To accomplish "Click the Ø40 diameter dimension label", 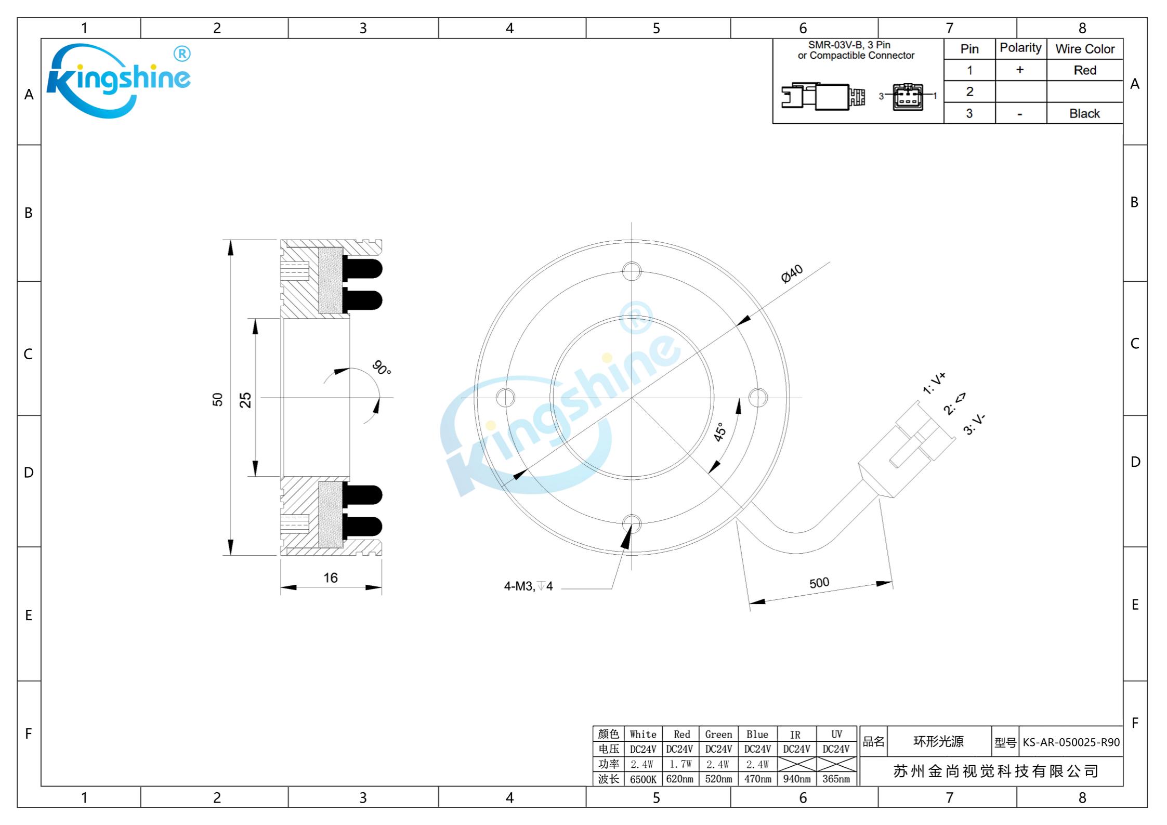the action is pyautogui.click(x=792, y=273).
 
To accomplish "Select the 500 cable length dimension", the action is pyautogui.click(x=819, y=583).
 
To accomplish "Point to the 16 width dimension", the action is pyautogui.click(x=331, y=578).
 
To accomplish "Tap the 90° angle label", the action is pyautogui.click(x=382, y=368).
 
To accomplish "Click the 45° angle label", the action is pyautogui.click(x=720, y=432).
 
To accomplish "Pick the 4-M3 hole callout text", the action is pyautogui.click(x=528, y=586).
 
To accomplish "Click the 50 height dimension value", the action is pyautogui.click(x=218, y=399).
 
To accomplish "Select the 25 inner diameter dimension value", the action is pyautogui.click(x=245, y=400).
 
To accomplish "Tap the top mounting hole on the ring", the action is pyautogui.click(x=632, y=271).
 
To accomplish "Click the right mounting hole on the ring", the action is pyautogui.click(x=758, y=398).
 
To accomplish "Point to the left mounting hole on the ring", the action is pyautogui.click(x=505, y=398).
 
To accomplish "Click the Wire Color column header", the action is pyautogui.click(x=1085, y=49).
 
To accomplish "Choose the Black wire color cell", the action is pyautogui.click(x=1084, y=113).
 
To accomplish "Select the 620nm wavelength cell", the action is pyautogui.click(x=680, y=779).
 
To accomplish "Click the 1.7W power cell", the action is pyautogui.click(x=680, y=764).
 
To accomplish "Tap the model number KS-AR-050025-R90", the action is pyautogui.click(x=1071, y=742).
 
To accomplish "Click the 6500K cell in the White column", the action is pyautogui.click(x=643, y=779).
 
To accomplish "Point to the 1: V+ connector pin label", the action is pyautogui.click(x=934, y=383).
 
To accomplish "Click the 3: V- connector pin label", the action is pyautogui.click(x=974, y=424).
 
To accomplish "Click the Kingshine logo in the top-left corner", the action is pyautogui.click(x=119, y=81).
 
